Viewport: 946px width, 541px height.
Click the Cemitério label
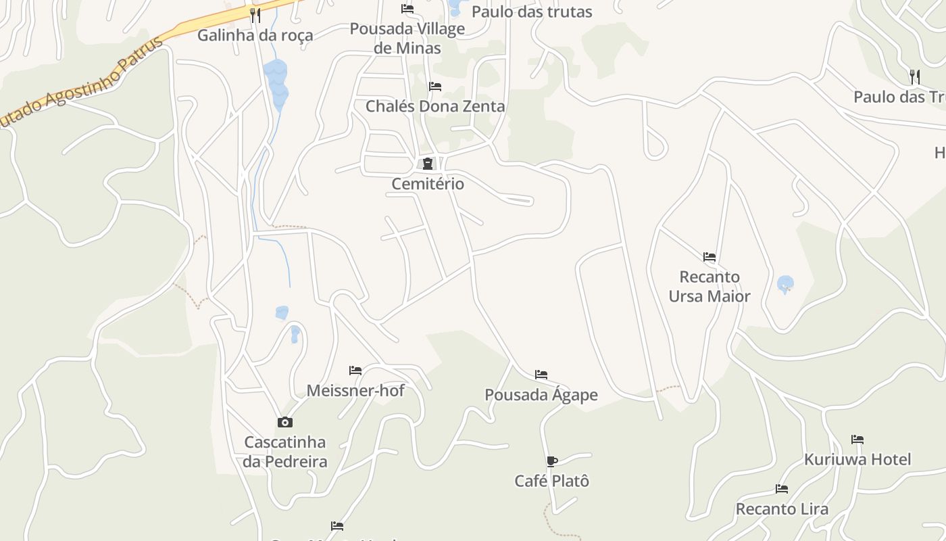point(428,183)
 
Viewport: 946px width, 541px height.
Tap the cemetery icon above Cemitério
point(427,163)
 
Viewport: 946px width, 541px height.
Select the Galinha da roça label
point(255,35)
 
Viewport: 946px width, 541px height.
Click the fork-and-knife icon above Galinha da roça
point(255,15)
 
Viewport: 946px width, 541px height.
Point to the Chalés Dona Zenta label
point(435,106)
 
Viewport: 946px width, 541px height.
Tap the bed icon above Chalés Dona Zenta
point(435,87)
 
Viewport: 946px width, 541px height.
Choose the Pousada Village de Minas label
point(407,38)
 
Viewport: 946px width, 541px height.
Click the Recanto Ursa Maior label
point(709,287)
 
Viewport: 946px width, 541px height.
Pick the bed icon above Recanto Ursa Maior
point(709,257)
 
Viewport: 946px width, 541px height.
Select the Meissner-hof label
point(355,390)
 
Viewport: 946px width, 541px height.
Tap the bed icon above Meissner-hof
point(355,371)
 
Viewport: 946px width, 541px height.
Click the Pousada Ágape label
point(541,395)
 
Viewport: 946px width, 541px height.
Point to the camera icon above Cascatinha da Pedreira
point(285,423)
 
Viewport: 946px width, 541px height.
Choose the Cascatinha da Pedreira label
point(285,452)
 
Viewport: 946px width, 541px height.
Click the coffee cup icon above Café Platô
point(551,462)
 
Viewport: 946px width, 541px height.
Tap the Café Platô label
point(551,481)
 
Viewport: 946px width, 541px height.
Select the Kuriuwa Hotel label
point(857,459)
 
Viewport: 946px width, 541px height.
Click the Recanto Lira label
point(782,509)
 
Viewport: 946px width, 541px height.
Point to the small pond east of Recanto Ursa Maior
point(785,284)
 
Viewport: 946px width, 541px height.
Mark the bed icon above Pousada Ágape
point(541,375)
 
